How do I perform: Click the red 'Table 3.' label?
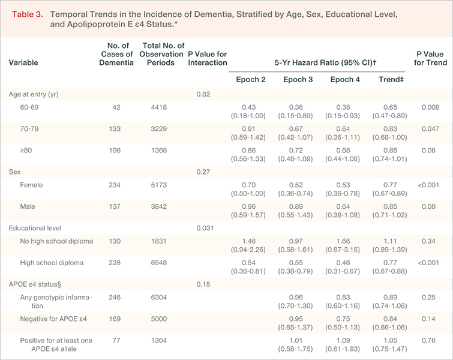(x=28, y=14)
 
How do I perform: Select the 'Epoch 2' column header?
(x=251, y=79)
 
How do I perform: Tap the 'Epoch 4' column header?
(x=345, y=79)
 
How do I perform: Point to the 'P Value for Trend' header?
(x=430, y=58)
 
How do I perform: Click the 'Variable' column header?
(x=23, y=62)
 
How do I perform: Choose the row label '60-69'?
(x=29, y=107)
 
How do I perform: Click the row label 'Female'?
(x=31, y=185)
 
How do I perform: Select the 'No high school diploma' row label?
(x=56, y=241)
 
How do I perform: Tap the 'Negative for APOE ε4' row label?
(x=53, y=319)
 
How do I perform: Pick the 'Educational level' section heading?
(x=35, y=228)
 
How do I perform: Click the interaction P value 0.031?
(x=205, y=228)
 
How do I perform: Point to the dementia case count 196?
(x=115, y=151)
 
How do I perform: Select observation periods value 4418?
(x=159, y=107)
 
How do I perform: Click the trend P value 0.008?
(x=430, y=107)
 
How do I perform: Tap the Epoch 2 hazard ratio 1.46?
(x=249, y=241)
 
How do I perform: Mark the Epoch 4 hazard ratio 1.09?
(x=343, y=341)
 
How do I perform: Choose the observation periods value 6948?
(x=159, y=263)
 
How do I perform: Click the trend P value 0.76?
(x=428, y=341)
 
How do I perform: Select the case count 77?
(x=116, y=341)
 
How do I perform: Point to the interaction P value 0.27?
(x=203, y=172)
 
